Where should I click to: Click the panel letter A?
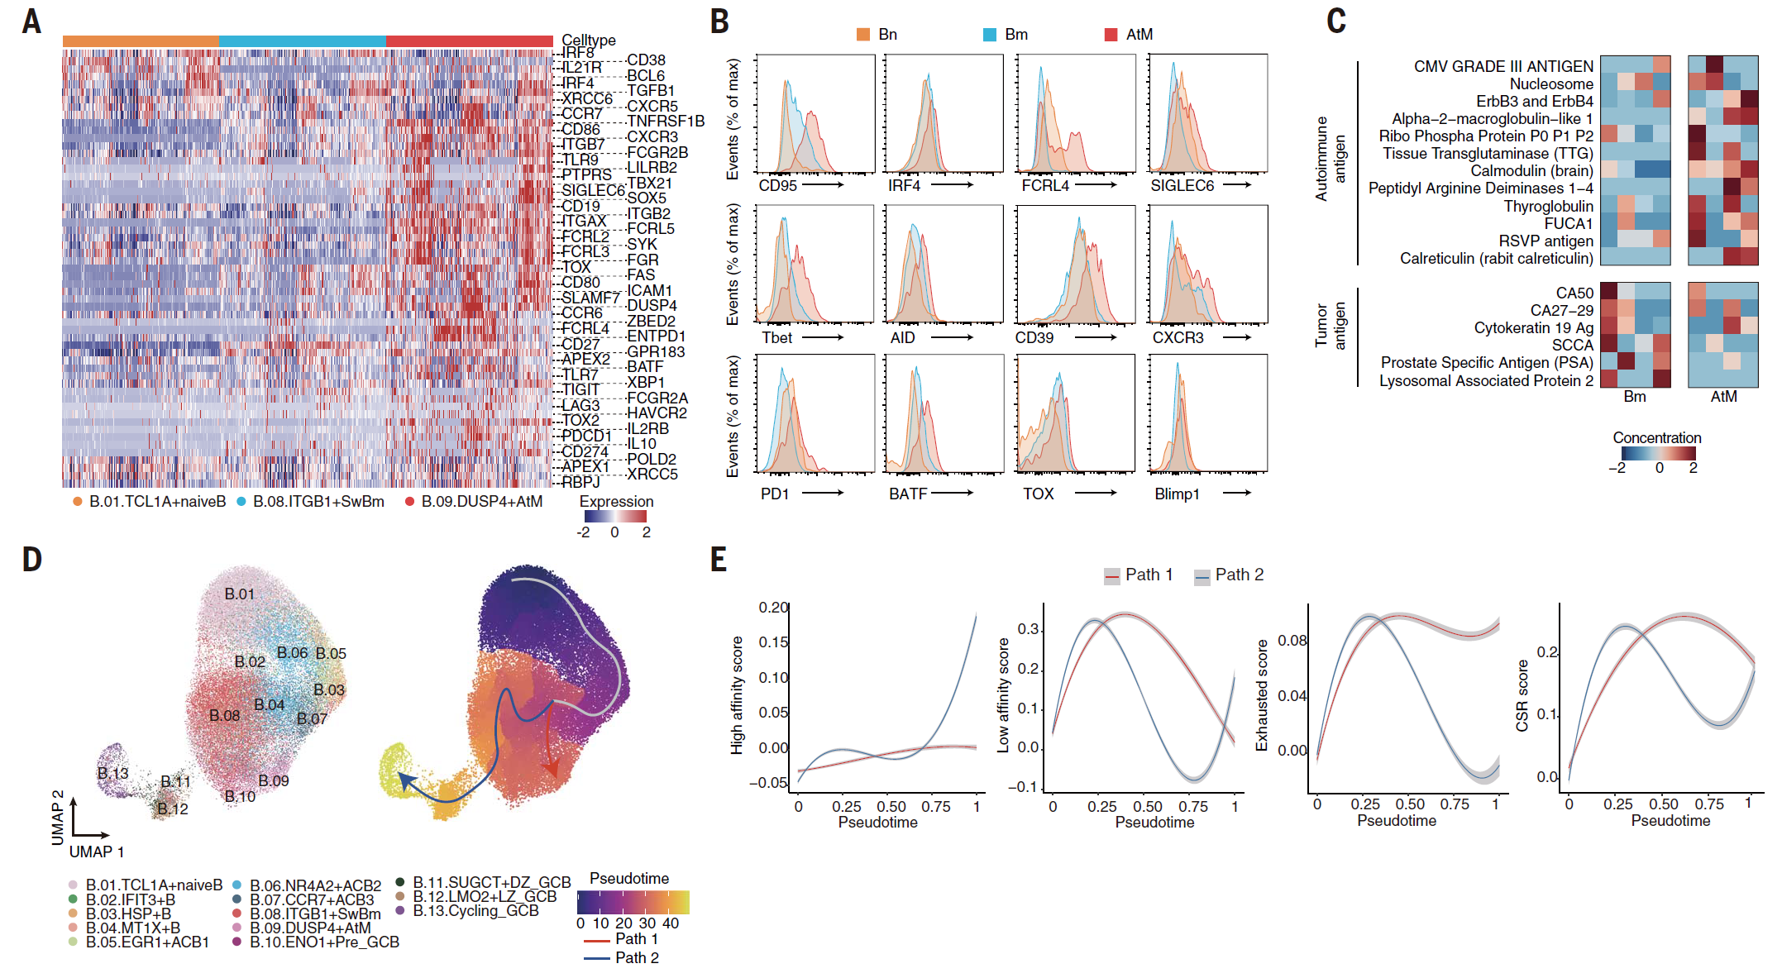[x=31, y=21]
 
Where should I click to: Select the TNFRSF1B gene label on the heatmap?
[x=666, y=122]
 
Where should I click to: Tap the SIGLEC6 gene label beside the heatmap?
[x=593, y=190]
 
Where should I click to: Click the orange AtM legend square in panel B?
[x=1111, y=35]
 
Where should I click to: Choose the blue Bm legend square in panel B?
[x=989, y=35]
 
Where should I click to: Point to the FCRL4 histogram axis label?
[x=1044, y=186]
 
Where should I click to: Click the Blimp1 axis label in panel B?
[x=1176, y=494]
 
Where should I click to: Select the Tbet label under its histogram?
[x=776, y=338]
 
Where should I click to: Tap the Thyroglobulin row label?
[x=1547, y=206]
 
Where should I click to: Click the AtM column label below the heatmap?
[x=1723, y=397]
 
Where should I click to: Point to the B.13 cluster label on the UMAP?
[x=113, y=773]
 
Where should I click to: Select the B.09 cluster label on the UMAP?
[x=273, y=780]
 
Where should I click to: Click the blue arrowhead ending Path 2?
[x=404, y=780]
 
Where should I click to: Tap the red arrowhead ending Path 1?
[x=552, y=768]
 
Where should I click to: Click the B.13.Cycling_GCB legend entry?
[x=475, y=911]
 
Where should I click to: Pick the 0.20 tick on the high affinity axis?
[x=773, y=608]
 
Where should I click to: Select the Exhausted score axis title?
[x=1261, y=694]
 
